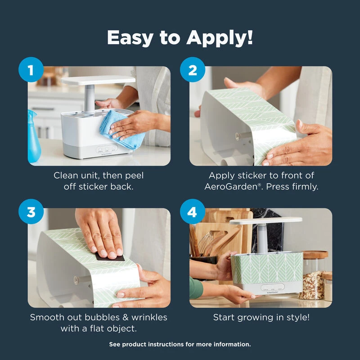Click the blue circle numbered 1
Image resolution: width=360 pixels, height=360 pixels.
pyautogui.click(x=31, y=70)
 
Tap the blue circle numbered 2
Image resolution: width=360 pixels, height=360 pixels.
pyautogui.click(x=193, y=70)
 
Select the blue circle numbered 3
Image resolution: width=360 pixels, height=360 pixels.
pyautogui.click(x=31, y=211)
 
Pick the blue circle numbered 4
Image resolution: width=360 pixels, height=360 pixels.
pyautogui.click(x=193, y=211)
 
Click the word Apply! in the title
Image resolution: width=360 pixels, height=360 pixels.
pyautogui.click(x=220, y=38)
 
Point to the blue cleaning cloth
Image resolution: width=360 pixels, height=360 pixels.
pyautogui.click(x=122, y=130)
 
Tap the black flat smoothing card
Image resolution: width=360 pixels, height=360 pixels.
pyautogui.click(x=110, y=256)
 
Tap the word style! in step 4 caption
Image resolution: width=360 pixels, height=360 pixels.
pyautogui.click(x=298, y=318)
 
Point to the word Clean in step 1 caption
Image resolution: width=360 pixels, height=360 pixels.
pyautogui.click(x=66, y=175)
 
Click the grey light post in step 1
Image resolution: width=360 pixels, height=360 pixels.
pyautogui.click(x=90, y=98)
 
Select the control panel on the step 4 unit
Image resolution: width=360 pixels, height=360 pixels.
pyautogui.click(x=273, y=287)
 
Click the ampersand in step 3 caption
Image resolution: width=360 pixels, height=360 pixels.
pyautogui.click(x=126, y=317)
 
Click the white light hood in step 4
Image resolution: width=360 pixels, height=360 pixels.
pyautogui.click(x=266, y=220)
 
